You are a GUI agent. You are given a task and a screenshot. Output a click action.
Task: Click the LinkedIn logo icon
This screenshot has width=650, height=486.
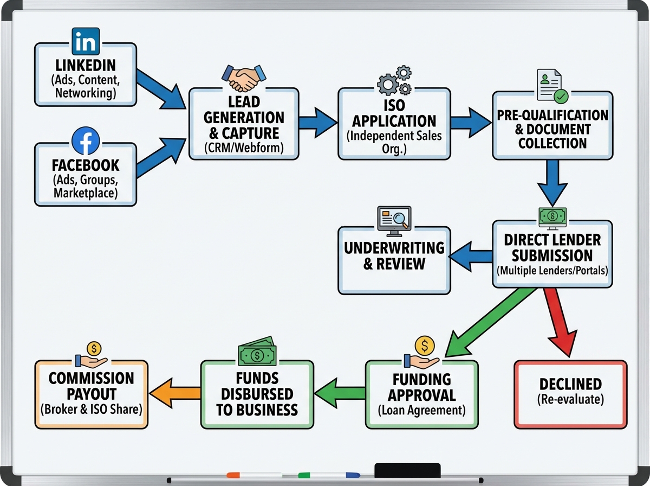86,41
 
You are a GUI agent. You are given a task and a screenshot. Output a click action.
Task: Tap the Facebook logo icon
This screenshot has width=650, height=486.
86,141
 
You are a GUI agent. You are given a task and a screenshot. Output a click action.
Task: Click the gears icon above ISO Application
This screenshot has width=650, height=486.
394,80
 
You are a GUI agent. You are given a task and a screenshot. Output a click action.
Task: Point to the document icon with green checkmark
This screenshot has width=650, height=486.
551,86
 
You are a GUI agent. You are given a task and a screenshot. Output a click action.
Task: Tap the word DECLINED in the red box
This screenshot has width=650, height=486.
570,384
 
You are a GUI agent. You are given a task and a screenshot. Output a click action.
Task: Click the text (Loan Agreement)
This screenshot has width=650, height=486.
421,410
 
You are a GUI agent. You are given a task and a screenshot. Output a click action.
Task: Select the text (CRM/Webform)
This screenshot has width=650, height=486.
243,148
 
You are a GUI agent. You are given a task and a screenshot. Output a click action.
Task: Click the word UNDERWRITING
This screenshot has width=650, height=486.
394,248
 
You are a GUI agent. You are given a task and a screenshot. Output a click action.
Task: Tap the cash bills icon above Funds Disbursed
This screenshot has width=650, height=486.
257,352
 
